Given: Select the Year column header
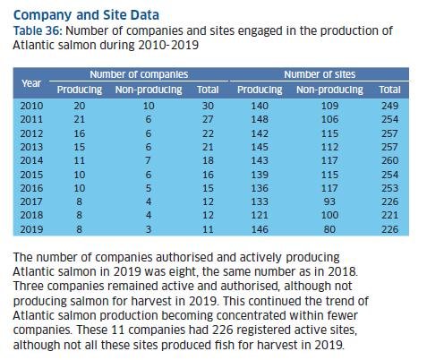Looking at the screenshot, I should click(x=31, y=82).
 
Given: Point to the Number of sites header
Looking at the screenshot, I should click(x=317, y=74).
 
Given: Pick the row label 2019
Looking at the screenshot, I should click(x=31, y=228).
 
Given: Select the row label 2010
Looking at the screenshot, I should click(x=31, y=105).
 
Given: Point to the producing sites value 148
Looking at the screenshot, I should click(x=260, y=119).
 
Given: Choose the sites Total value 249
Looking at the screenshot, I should click(x=389, y=105).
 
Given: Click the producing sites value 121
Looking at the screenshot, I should click(x=260, y=214).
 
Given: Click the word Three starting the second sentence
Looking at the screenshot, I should click(x=33, y=286).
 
